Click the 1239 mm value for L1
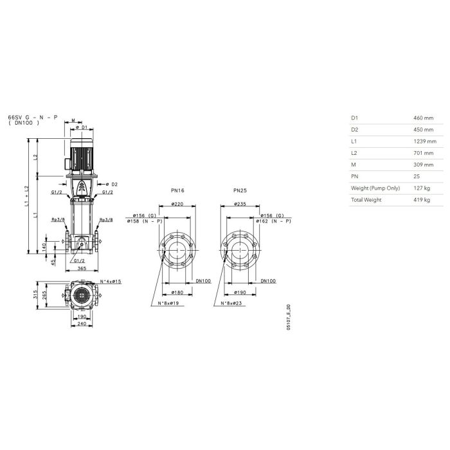pyautogui.click(x=425, y=141)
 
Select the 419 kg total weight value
pyautogui.click(x=422, y=200)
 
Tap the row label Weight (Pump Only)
pyautogui.click(x=375, y=188)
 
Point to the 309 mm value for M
pyautogui.click(x=423, y=165)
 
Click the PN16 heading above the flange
pyautogui.click(x=177, y=190)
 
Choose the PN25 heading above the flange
pyautogui.click(x=240, y=190)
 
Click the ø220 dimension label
pyautogui.click(x=177, y=204)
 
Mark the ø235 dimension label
pyautogui.click(x=240, y=204)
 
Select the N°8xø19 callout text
pyautogui.click(x=168, y=303)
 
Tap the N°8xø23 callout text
pyautogui.click(x=231, y=303)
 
